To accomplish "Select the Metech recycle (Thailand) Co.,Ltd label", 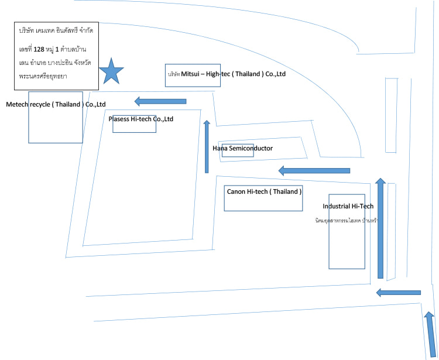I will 56,104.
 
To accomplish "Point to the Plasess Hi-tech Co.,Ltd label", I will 141,119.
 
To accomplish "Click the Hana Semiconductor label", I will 242,148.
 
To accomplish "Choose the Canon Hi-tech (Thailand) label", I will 264,191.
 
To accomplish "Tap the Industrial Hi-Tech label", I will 348,206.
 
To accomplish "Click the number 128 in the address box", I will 39,49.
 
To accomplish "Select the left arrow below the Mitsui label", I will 160,101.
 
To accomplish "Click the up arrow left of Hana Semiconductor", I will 207,146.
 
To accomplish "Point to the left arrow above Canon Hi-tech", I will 314,170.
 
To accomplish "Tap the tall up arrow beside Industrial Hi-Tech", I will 380,228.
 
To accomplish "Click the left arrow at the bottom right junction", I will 398,292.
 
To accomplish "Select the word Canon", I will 236,191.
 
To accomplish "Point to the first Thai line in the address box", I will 56,30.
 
